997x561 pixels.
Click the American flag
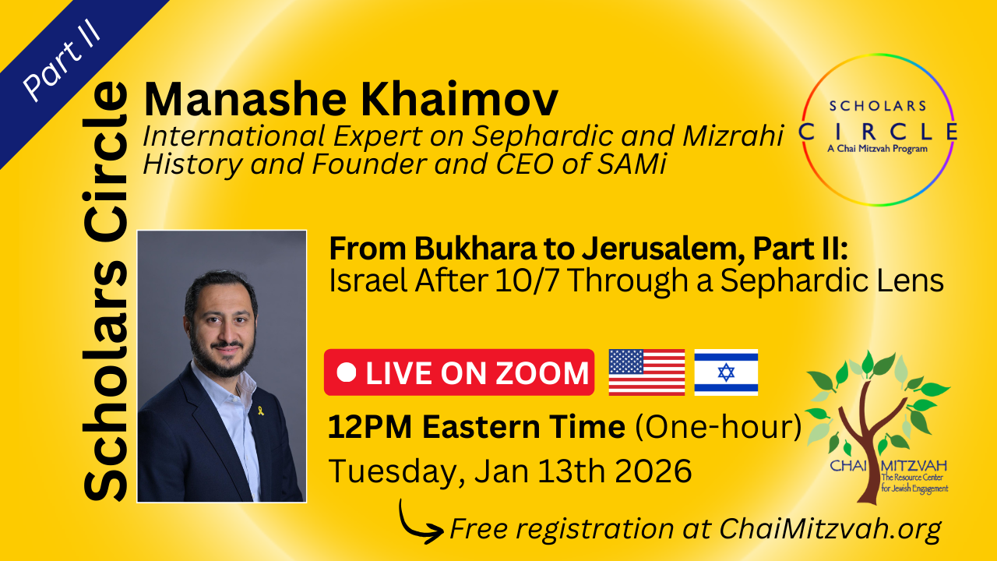(646, 372)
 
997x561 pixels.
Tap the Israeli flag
(726, 372)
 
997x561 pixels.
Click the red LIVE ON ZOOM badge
(459, 372)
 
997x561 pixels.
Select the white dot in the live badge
(347, 372)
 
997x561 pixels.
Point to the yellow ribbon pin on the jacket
(261, 410)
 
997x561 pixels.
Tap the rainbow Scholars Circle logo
(878, 129)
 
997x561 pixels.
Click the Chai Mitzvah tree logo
(878, 428)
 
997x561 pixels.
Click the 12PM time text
(370, 427)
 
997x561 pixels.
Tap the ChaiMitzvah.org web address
(830, 529)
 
